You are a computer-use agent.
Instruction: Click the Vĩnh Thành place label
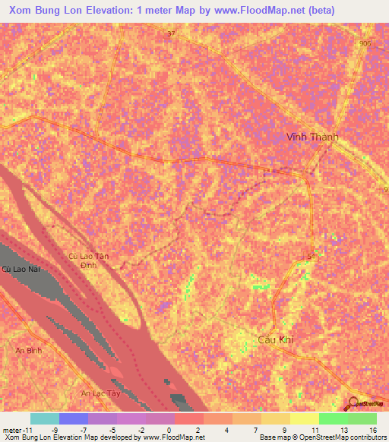point(312,137)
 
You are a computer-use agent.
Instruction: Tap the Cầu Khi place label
point(275,341)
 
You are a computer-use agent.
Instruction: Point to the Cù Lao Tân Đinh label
point(89,262)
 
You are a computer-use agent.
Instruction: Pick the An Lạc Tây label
point(101,393)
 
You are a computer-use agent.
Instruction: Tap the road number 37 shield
point(171,34)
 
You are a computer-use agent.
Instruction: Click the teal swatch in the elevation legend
point(45,418)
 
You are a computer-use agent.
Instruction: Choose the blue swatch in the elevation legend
point(74,418)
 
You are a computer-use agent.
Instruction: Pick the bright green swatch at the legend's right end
point(362,418)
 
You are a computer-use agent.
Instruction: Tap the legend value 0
point(169,429)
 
